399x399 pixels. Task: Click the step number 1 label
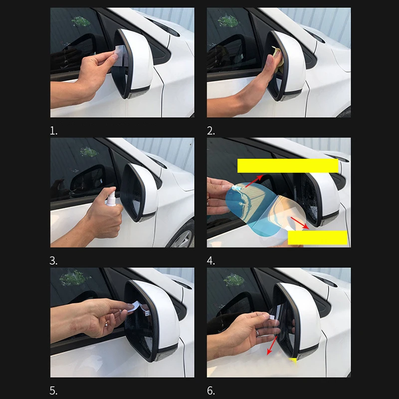(x=53, y=131)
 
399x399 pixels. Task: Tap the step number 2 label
(x=210, y=131)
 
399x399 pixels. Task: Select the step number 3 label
(x=53, y=261)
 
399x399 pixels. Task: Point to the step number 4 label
(x=210, y=261)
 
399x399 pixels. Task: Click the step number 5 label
(x=53, y=391)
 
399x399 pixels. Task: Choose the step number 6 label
(x=210, y=391)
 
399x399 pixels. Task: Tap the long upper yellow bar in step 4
(x=288, y=166)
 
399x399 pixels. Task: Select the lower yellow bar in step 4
(x=318, y=238)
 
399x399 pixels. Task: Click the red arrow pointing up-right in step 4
(x=254, y=181)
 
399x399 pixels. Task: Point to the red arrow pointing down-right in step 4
(x=300, y=223)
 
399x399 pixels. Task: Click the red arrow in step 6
(x=272, y=345)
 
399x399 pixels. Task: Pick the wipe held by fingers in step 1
(x=119, y=55)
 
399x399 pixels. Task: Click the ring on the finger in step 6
(x=258, y=333)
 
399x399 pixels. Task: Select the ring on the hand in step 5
(x=106, y=324)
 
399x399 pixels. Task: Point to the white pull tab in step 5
(x=135, y=307)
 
